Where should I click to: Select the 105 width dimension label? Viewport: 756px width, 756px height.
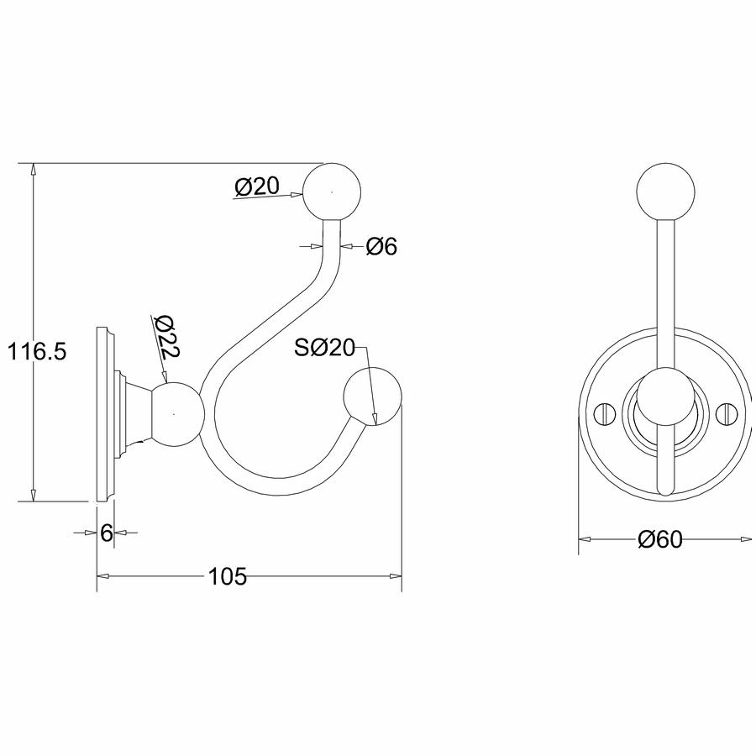tap(227, 575)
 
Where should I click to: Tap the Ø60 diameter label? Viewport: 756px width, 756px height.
tap(660, 539)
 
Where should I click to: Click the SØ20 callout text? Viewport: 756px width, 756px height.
tap(325, 347)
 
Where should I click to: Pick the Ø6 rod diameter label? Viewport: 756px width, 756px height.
tap(381, 246)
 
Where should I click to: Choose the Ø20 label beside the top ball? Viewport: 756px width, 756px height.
tap(257, 186)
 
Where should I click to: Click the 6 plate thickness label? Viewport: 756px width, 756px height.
tap(107, 533)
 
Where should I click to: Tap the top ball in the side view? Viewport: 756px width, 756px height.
tap(332, 192)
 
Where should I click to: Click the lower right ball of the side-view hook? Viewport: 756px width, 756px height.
tap(373, 396)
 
